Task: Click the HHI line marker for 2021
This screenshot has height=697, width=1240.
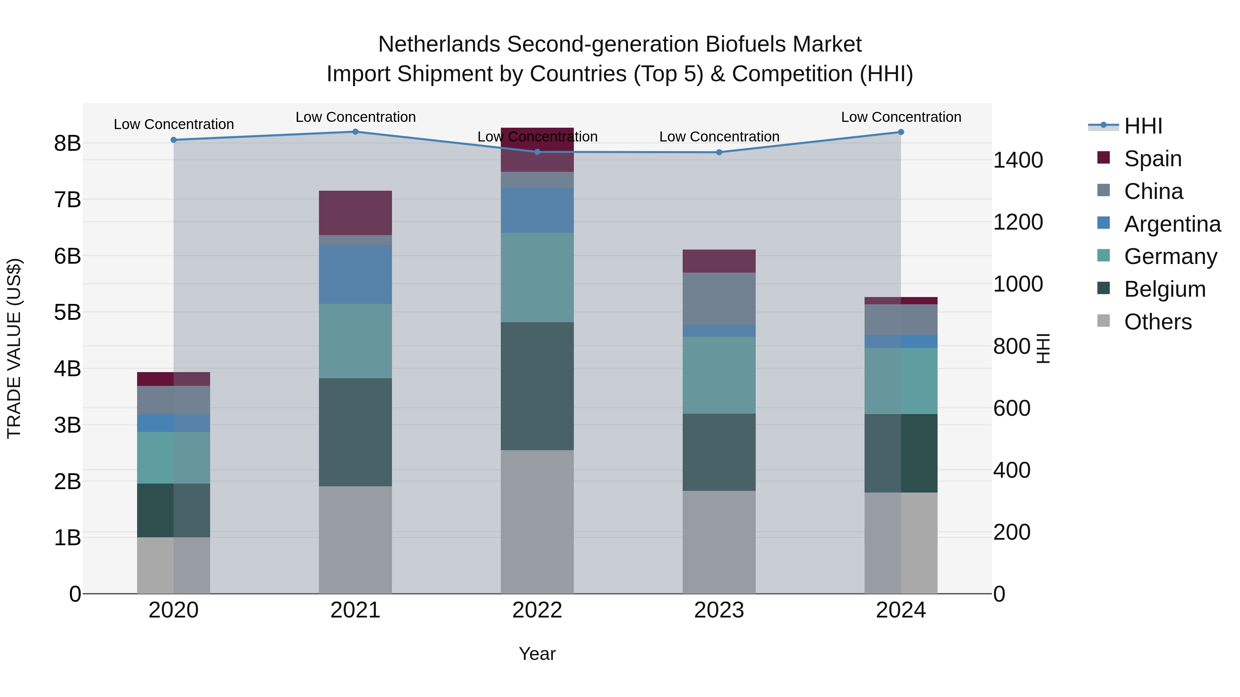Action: [x=355, y=132]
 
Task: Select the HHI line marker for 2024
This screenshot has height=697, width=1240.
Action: [x=901, y=132]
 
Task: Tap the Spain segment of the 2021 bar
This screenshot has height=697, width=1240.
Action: [x=355, y=213]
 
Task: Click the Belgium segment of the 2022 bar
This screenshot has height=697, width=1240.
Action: [x=537, y=386]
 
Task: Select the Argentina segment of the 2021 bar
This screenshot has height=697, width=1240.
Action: [x=355, y=274]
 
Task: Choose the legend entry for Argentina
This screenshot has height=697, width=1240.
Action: [x=1172, y=224]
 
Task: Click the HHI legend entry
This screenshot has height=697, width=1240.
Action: [x=1143, y=126]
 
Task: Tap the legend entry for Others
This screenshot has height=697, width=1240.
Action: [x=1158, y=322]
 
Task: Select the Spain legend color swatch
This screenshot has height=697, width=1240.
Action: [x=1103, y=158]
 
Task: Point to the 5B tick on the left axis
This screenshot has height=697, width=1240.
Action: [x=68, y=312]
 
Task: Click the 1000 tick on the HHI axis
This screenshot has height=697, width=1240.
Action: [x=1017, y=284]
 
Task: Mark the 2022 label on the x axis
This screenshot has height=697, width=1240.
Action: [x=537, y=610]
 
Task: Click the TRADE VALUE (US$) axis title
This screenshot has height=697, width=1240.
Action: [x=14, y=348]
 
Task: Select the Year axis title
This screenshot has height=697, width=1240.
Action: [x=537, y=654]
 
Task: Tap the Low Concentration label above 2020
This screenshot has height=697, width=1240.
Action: [x=174, y=124]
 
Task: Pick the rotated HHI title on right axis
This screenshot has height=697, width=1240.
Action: [x=1043, y=348]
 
